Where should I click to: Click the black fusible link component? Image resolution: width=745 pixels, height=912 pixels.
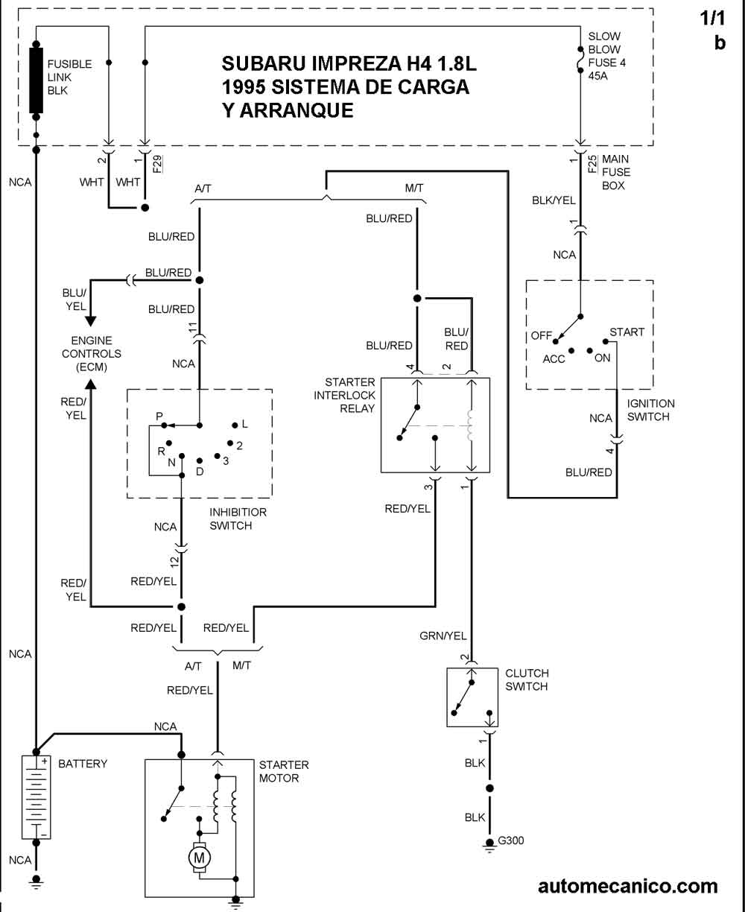click(x=36, y=80)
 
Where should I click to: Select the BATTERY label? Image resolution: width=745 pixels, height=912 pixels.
click(x=83, y=764)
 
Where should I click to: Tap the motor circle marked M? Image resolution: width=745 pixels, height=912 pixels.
click(x=199, y=858)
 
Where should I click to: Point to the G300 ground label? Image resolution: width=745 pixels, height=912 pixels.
click(x=511, y=841)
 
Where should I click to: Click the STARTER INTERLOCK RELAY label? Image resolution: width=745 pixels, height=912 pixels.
click(x=344, y=395)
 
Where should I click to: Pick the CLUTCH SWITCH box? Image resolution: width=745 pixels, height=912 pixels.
click(x=472, y=697)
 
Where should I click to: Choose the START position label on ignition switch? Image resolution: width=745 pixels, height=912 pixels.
click(x=627, y=332)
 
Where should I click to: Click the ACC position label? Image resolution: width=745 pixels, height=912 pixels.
click(x=554, y=359)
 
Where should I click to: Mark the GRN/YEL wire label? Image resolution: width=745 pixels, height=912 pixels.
click(x=443, y=636)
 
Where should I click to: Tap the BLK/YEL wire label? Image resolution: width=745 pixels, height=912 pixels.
click(x=554, y=200)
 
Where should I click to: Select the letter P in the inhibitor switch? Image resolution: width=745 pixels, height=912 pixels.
click(x=159, y=416)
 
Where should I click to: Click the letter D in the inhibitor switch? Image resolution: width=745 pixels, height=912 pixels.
click(x=200, y=472)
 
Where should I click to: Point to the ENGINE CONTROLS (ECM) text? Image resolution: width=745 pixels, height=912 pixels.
click(x=91, y=354)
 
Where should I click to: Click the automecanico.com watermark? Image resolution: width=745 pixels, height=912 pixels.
click(x=627, y=886)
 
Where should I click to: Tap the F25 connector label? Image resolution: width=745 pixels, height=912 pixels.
click(x=592, y=164)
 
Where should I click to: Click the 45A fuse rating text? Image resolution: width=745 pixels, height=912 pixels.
click(x=597, y=76)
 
